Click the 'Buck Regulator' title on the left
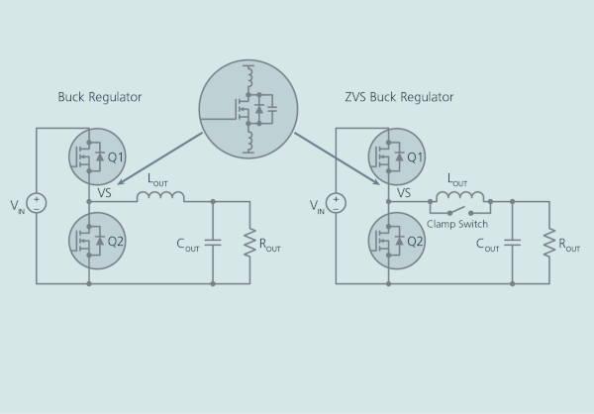click(100, 97)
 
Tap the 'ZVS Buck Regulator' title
click(399, 97)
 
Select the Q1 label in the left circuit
click(116, 156)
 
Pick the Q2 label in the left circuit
click(116, 241)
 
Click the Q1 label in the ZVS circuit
click(415, 156)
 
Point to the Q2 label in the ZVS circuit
click(415, 241)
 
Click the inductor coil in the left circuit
click(160, 197)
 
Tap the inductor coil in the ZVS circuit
click(460, 197)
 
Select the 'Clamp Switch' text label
click(457, 224)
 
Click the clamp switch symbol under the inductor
click(460, 211)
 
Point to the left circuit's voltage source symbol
click(37, 203)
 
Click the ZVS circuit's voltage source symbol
click(336, 203)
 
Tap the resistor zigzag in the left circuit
click(250, 243)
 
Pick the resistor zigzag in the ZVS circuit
click(549, 243)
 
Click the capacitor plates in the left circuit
click(213, 243)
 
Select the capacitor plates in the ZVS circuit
click(512, 243)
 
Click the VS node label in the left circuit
click(105, 192)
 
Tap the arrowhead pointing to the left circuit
click(121, 181)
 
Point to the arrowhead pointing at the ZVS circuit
click(375, 181)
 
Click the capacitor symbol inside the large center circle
click(272, 109)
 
